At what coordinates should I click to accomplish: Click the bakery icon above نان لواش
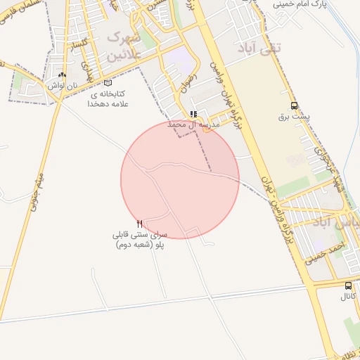click(63, 75)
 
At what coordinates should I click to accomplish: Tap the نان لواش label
click(62, 85)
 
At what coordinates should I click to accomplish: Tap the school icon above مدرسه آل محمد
click(193, 114)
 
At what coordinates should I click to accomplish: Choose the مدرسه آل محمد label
click(193, 124)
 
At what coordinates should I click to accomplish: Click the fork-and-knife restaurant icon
click(140, 223)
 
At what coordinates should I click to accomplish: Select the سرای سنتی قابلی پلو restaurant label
click(140, 239)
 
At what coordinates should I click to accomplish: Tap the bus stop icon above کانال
click(348, 285)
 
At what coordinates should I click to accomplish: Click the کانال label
click(348, 297)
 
